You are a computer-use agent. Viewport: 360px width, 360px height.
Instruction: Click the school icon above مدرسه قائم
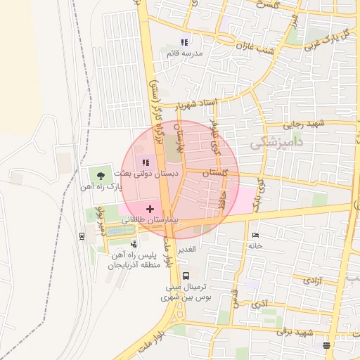click(185, 42)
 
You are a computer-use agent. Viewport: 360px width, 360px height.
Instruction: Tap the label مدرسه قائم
click(185, 53)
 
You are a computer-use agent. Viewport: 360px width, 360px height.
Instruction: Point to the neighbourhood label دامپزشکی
click(278, 143)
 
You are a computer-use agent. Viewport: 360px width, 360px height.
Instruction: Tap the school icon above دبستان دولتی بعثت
click(146, 162)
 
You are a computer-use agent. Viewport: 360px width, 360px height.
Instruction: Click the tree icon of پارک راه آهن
click(102, 175)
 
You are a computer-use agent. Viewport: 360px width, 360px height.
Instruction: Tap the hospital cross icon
click(150, 208)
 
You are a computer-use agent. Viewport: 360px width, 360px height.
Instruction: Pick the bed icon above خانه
click(255, 235)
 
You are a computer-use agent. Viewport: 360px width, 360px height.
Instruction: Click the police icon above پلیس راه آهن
click(134, 243)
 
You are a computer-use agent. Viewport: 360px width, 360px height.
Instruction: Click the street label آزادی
click(311, 281)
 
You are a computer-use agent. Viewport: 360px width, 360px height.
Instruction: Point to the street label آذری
click(259, 305)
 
